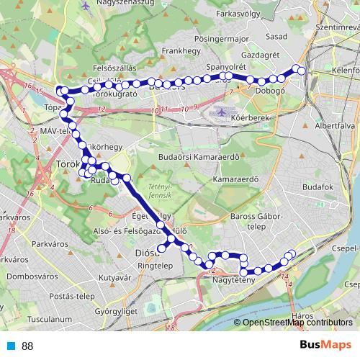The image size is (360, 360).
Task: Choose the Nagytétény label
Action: click(235, 282)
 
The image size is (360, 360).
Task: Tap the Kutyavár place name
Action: click(114, 277)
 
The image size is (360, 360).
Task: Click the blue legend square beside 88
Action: click(10, 346)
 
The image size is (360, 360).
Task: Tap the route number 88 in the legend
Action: click(27, 346)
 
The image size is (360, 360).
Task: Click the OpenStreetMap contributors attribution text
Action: click(297, 323)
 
